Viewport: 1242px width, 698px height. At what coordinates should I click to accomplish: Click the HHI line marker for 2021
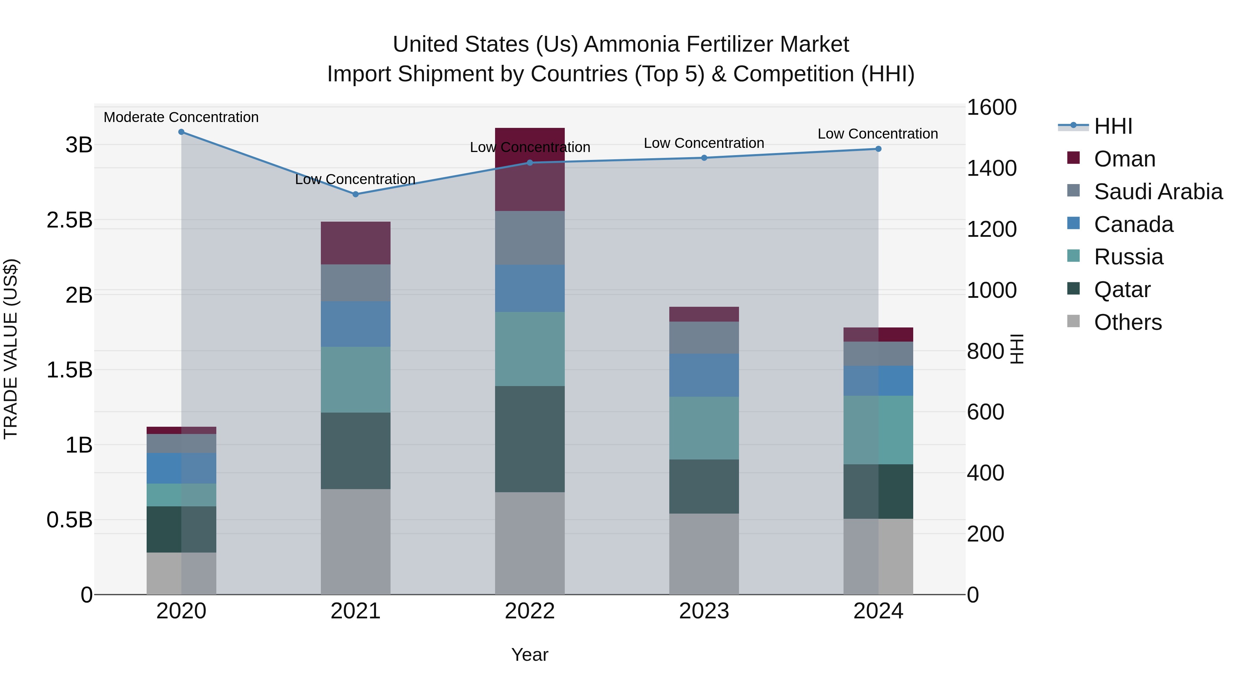point(355,194)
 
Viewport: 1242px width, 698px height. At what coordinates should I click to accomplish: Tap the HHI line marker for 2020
point(181,132)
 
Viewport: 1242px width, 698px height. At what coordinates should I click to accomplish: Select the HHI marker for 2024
point(878,149)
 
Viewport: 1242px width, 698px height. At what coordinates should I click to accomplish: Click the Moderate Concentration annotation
point(181,117)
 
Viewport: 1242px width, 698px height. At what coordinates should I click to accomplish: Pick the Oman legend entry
point(1124,159)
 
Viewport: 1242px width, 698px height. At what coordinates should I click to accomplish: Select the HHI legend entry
point(1113,126)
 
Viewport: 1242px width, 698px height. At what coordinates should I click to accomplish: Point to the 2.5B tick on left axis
point(69,220)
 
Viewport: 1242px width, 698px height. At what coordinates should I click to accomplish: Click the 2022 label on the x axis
point(529,611)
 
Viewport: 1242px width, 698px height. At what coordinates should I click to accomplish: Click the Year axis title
point(529,655)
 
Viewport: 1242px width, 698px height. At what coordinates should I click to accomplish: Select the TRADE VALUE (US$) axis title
point(11,349)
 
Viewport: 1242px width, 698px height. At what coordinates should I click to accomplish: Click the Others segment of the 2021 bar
point(355,542)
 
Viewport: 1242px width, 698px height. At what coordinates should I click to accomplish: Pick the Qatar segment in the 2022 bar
point(529,439)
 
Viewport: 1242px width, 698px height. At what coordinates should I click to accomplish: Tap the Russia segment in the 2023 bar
point(704,428)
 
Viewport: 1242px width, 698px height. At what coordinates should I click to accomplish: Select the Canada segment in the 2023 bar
point(704,375)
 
